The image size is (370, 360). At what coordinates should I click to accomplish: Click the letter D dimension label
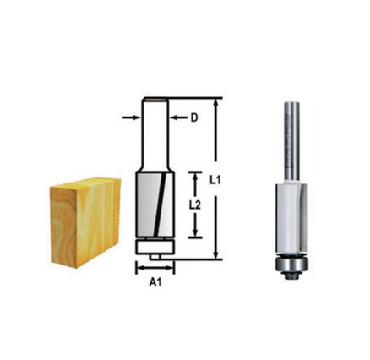(193, 118)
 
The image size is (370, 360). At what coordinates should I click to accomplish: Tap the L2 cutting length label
(193, 204)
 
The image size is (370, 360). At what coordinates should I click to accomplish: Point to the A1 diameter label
(154, 285)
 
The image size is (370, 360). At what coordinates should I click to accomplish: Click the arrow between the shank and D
(177, 118)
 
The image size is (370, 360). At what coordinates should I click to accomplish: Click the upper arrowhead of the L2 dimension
(196, 170)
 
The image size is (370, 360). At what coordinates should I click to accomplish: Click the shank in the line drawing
(153, 135)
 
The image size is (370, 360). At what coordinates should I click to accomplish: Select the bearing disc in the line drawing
(153, 245)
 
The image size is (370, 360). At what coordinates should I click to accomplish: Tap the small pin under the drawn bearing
(153, 254)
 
